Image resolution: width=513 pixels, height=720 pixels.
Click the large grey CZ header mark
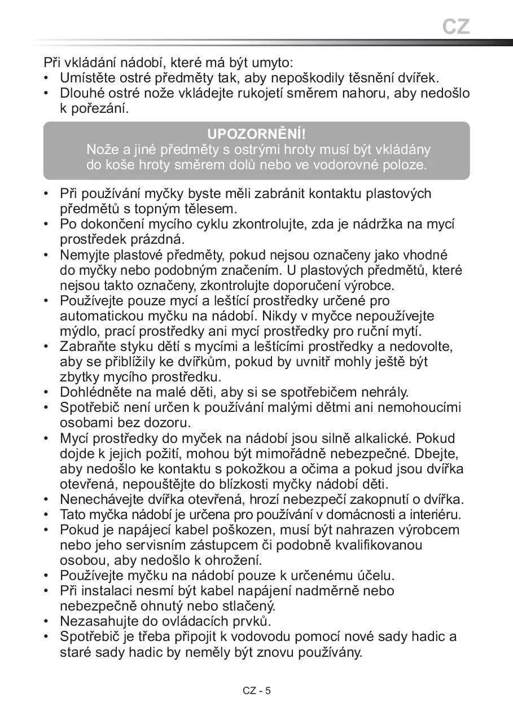pos(455,27)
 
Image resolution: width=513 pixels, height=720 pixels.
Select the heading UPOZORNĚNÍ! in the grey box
pos(256,134)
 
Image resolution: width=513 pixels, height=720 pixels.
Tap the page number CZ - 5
pos(257,691)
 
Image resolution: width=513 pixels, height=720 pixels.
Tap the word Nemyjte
pos(82,254)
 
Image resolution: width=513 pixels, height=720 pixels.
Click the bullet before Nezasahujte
pos(47,621)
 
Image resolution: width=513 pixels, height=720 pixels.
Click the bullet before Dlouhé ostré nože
pos(47,93)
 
